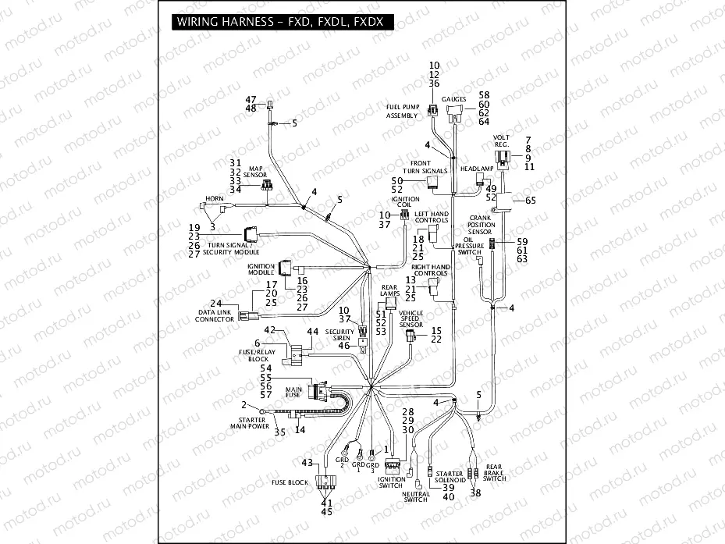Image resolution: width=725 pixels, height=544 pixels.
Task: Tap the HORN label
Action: click(214, 198)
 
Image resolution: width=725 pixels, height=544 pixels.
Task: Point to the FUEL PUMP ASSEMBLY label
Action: click(402, 111)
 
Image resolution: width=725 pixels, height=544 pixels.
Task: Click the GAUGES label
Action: click(453, 100)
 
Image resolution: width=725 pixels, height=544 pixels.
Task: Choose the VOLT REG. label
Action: click(502, 141)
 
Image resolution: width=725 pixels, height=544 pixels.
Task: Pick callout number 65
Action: click(531, 201)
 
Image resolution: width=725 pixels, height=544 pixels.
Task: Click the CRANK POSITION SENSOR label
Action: click(481, 225)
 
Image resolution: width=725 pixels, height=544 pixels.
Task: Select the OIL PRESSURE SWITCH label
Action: click(470, 247)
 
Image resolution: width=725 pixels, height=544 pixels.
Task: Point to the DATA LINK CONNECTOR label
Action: click(215, 316)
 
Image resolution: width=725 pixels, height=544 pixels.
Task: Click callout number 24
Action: click(216, 303)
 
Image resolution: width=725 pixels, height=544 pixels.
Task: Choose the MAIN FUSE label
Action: click(293, 393)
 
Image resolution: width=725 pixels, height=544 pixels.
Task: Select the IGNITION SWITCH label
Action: click(391, 482)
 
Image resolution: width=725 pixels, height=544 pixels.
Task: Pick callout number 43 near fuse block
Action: click(307, 462)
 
